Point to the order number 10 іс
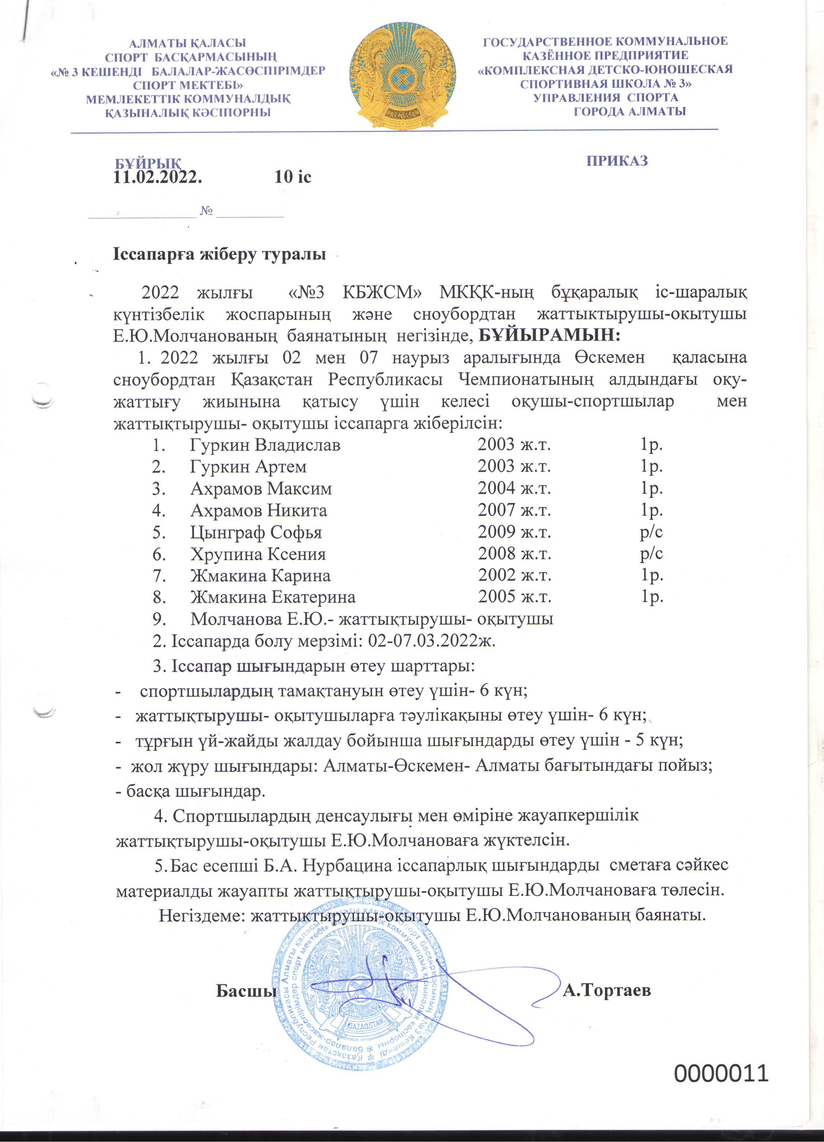pos(293,177)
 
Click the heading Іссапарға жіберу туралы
pos(219,254)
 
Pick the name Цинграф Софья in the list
pos(256,532)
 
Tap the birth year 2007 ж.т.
pos(514,511)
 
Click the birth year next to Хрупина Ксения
pos(514,554)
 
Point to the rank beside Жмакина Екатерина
pos(652,597)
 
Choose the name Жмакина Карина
pos(260,575)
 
